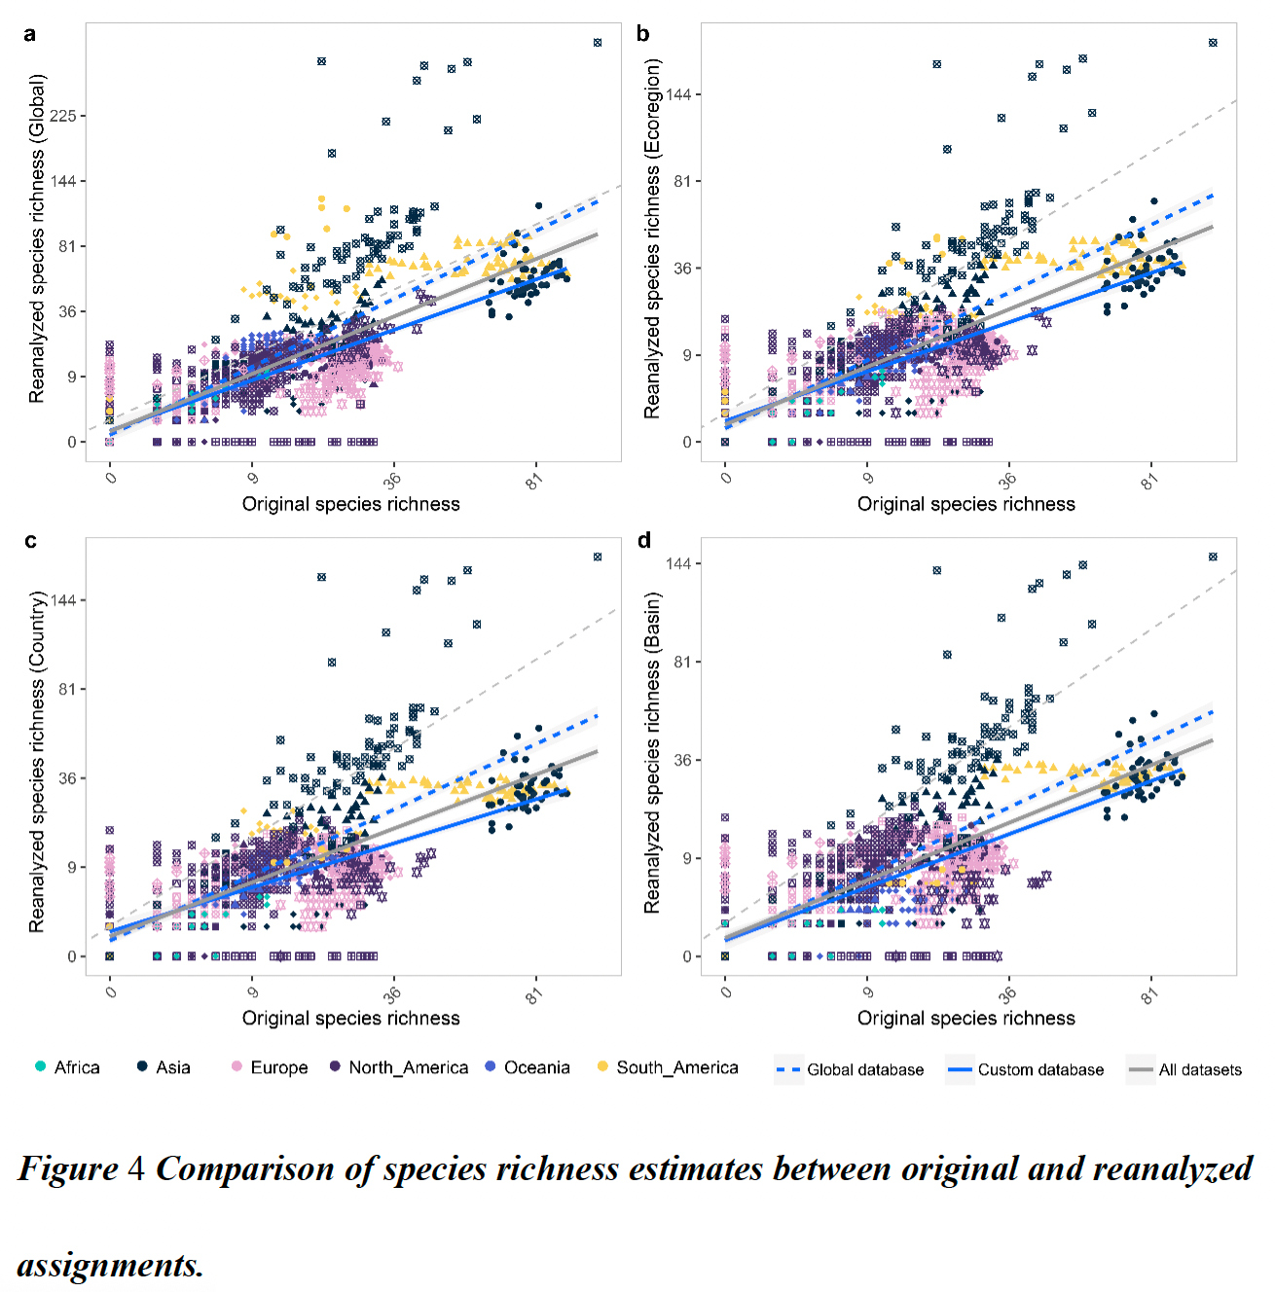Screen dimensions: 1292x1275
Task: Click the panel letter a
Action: click(30, 34)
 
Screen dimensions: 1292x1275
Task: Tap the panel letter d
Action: click(644, 540)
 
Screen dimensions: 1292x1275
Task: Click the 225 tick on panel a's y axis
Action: click(63, 116)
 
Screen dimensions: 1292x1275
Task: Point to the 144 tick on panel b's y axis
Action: click(678, 94)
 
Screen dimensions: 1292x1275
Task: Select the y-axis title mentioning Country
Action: click(37, 762)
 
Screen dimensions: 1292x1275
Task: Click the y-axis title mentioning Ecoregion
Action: click(652, 238)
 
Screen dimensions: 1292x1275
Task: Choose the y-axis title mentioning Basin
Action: click(652, 752)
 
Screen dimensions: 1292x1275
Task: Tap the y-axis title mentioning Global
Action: click(37, 238)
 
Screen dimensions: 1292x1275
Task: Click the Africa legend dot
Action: click(40, 1067)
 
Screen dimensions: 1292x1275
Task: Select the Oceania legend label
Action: click(536, 1067)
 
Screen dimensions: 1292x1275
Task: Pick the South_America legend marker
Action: click(603, 1067)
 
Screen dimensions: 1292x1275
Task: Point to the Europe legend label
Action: click(278, 1067)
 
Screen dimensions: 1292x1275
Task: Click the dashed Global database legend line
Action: click(787, 1069)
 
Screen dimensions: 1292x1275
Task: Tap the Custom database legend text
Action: click(1040, 1069)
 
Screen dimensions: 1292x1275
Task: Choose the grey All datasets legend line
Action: click(1140, 1069)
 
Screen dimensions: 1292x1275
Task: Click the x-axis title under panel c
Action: click(350, 1018)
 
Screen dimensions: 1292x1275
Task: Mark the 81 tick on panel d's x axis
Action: click(1149, 995)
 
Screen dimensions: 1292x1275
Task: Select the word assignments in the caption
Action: click(110, 1265)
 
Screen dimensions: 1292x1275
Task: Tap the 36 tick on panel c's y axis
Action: click(66, 778)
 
